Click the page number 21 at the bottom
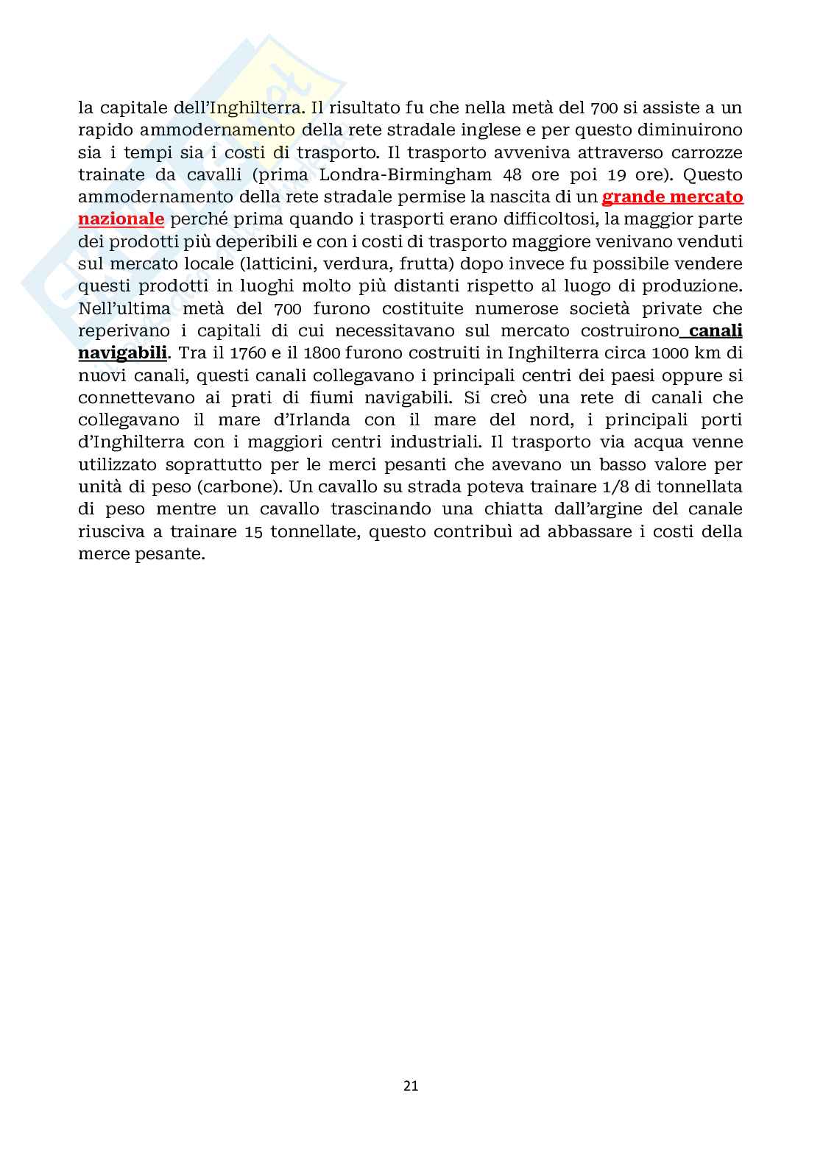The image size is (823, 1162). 411,1084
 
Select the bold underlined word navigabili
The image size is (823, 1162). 123,353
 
